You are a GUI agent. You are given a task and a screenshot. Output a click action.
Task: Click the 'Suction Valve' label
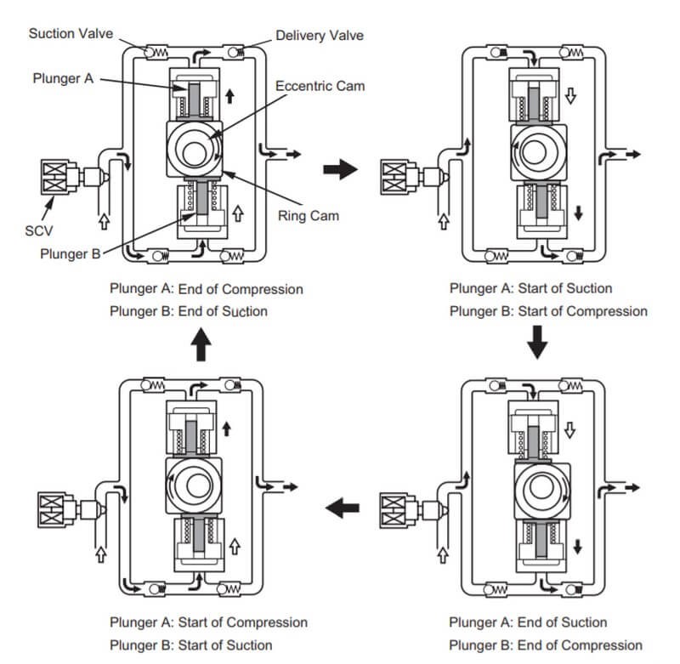tap(71, 33)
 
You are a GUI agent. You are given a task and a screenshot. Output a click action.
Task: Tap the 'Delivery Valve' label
tap(320, 36)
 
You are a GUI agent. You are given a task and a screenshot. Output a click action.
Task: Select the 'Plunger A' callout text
tap(63, 77)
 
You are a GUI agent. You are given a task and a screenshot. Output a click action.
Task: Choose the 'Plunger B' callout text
tap(62, 254)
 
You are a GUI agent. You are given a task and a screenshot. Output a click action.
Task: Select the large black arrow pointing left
tap(343, 508)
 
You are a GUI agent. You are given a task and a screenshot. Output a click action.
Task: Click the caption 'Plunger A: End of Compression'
tap(206, 289)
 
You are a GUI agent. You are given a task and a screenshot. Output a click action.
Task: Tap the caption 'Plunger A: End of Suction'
tap(528, 622)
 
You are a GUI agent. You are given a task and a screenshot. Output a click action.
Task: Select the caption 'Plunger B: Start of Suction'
tap(190, 645)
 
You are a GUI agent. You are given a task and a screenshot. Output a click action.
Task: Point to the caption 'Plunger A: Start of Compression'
tap(208, 622)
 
